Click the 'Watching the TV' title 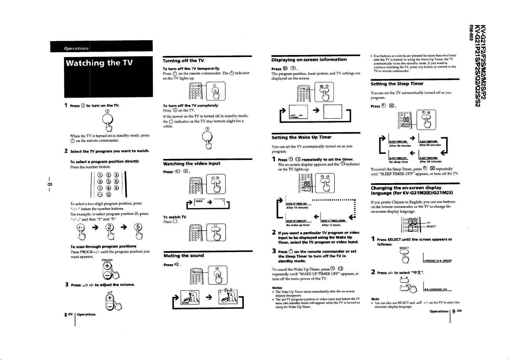[x=100, y=63]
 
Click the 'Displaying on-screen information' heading [x=309, y=60]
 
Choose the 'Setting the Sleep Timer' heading [x=397, y=84]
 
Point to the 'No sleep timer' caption [x=398, y=162]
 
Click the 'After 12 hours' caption [x=331, y=225]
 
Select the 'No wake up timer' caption [x=298, y=225]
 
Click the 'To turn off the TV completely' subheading [x=190, y=105]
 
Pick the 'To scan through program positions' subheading [x=103, y=246]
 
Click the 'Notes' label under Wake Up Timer [x=277, y=288]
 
